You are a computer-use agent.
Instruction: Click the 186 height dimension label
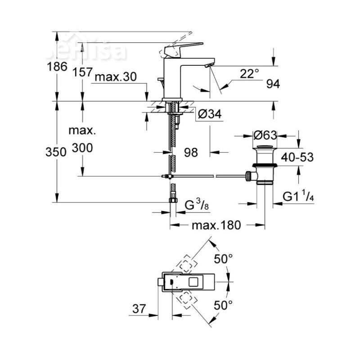point(57,67)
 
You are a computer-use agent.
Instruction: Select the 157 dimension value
point(82,72)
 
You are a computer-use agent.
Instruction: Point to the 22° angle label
point(250,73)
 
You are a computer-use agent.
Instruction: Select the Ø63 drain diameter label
point(265,135)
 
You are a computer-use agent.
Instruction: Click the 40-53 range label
point(297,157)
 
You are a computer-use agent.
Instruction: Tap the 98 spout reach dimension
point(191,153)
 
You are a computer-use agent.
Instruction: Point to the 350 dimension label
point(57,152)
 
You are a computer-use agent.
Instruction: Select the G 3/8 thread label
point(197,205)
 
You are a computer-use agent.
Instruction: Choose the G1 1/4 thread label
point(298,197)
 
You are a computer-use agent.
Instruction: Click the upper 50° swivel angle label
point(223,259)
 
